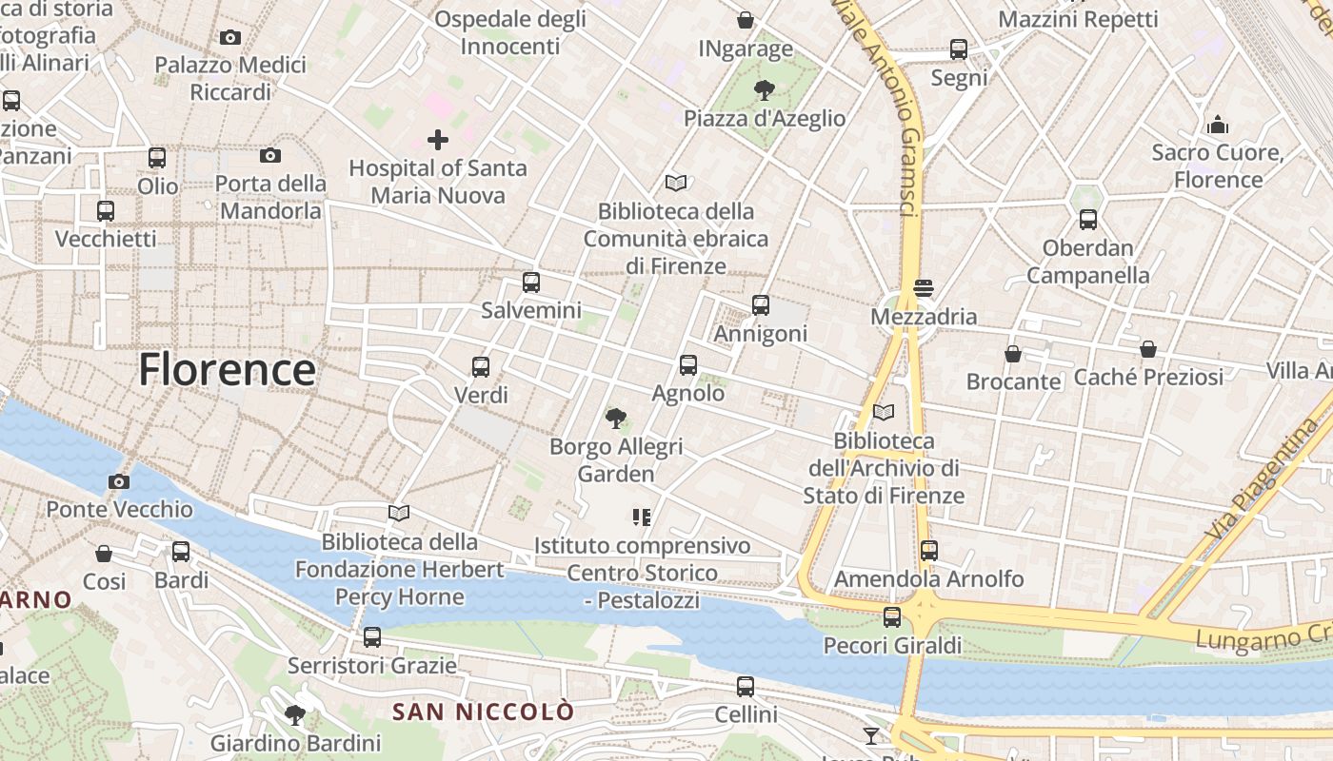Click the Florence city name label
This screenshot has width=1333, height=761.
tap(227, 369)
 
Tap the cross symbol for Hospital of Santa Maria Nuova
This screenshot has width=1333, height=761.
tap(438, 141)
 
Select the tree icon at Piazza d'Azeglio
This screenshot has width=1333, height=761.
tap(764, 90)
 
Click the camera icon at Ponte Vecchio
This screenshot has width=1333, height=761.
tap(119, 481)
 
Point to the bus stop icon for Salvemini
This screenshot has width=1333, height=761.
tap(531, 283)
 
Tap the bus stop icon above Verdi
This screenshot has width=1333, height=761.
tap(481, 367)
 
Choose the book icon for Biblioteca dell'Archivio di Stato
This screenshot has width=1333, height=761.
tap(884, 413)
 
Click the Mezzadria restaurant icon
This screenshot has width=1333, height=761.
tap(923, 288)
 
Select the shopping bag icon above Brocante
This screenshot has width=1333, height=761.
tap(1013, 354)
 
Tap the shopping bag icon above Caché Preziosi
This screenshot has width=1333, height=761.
tap(1148, 349)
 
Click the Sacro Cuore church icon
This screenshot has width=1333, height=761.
tap(1217, 125)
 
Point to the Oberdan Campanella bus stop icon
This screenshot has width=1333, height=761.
tap(1088, 220)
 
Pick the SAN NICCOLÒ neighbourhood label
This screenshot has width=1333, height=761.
tap(484, 712)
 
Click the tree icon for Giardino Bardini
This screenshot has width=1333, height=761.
tap(295, 714)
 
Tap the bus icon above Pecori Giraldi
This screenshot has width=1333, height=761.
tap(892, 617)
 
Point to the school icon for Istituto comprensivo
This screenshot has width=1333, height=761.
tap(642, 517)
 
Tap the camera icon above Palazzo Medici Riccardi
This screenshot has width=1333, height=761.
tap(229, 38)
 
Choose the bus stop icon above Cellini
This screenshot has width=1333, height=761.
tap(746, 686)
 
